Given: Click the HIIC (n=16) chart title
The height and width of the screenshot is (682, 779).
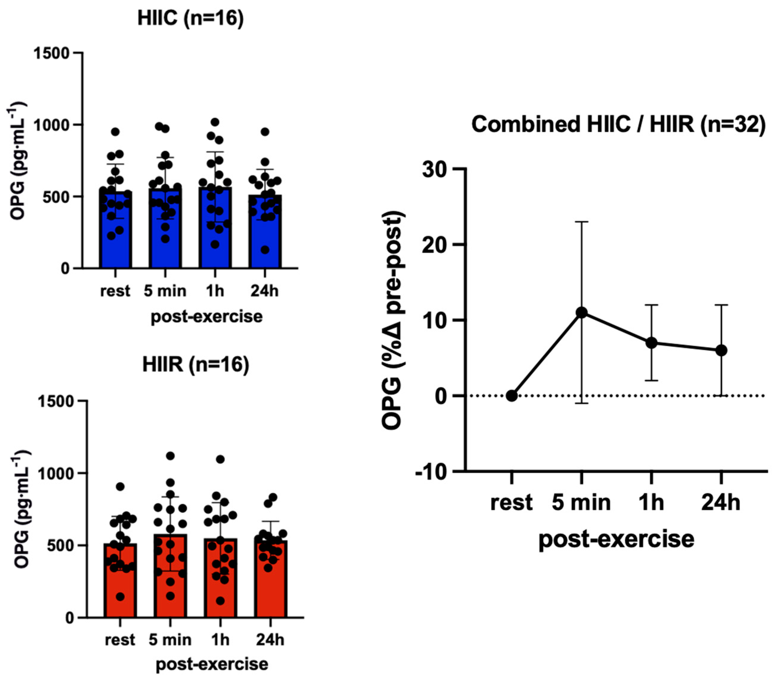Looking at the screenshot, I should (x=190, y=18).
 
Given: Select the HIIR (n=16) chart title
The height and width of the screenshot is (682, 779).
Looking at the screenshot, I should (x=195, y=364).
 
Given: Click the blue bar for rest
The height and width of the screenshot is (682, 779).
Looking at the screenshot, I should (x=115, y=244).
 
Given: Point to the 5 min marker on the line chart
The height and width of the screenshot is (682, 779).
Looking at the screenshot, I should (x=581, y=312).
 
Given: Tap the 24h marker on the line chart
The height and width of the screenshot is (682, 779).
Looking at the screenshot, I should (x=721, y=351).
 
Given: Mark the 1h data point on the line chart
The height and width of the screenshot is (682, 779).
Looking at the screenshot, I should (x=651, y=343).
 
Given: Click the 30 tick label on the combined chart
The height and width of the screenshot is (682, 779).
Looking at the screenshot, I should (x=434, y=169).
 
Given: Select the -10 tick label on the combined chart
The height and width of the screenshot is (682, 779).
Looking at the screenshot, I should (x=430, y=472).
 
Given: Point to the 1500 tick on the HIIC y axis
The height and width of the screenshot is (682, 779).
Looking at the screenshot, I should (x=52, y=53).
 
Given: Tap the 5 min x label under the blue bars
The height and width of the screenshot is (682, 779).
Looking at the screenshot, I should (x=165, y=291).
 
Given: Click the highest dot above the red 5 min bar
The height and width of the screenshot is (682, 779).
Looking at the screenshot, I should (x=170, y=455).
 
